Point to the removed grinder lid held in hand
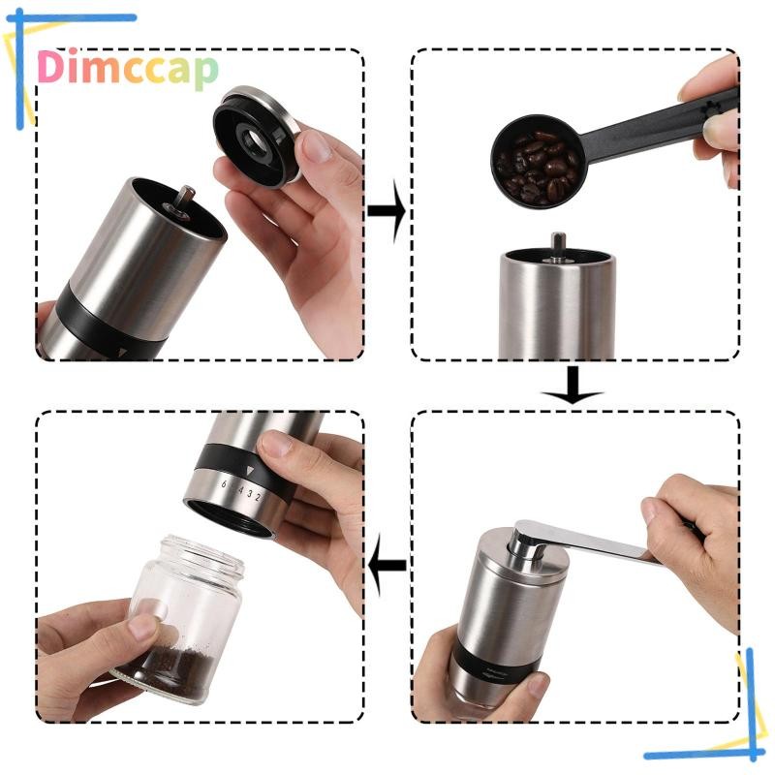click(x=257, y=136)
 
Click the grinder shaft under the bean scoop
click(x=558, y=245)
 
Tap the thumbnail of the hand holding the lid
click(x=316, y=147)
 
